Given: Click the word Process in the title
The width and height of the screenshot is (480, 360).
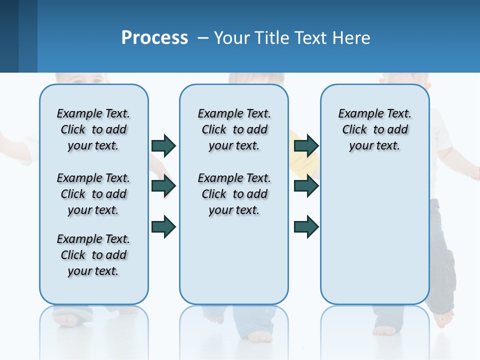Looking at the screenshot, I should coord(154,38).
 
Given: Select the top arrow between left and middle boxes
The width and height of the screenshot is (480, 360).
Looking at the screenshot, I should coord(163,145).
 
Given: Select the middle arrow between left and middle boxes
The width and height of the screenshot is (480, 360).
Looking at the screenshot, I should coord(163,186).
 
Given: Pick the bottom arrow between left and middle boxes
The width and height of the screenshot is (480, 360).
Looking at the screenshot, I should coord(163,226).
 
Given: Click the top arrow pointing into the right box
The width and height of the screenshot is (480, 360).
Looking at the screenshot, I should coord(306,145).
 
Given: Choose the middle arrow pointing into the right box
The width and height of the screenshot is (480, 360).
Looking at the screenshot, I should coord(306,186).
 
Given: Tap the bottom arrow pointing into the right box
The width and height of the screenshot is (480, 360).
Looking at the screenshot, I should coord(306,226).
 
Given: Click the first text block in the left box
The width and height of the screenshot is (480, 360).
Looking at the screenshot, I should coord(93,129).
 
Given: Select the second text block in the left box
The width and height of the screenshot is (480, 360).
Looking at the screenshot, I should coord(93,194).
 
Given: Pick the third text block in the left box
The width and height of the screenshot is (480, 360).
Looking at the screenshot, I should coord(93,255).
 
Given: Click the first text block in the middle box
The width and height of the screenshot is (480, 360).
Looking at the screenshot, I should coord(234,129).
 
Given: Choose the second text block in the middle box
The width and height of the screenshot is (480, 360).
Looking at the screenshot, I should coord(234,194).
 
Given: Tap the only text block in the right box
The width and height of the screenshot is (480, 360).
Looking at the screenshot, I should coord(374,129).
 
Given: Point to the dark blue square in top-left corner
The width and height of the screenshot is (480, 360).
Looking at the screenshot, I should coord(9,36).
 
